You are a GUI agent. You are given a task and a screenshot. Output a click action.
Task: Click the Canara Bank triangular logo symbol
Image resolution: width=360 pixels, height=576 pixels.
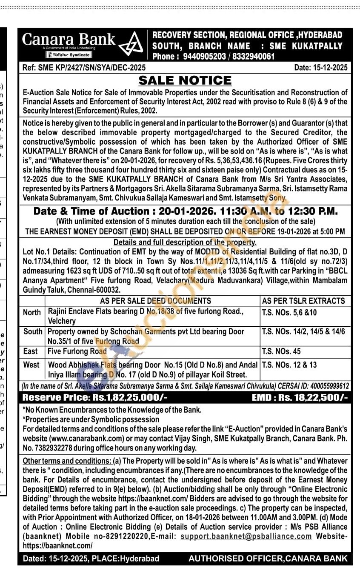pyautogui.click(x=130, y=44)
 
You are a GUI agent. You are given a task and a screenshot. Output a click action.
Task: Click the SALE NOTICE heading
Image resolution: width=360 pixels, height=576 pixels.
pyautogui.click(x=185, y=80)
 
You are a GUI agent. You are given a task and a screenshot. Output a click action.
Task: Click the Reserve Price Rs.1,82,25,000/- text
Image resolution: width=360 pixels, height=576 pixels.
pyautogui.click(x=95, y=398)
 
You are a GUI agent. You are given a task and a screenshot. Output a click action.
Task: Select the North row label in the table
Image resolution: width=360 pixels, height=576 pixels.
pyautogui.click(x=32, y=312)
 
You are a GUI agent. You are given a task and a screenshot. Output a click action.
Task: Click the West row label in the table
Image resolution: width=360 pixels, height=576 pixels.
pyautogui.click(x=31, y=365)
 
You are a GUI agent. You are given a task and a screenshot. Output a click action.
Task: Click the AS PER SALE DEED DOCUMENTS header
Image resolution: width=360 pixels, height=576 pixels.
pyautogui.click(x=155, y=301)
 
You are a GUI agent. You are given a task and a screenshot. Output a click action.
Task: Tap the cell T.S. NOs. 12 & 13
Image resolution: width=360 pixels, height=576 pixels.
pyautogui.click(x=289, y=365)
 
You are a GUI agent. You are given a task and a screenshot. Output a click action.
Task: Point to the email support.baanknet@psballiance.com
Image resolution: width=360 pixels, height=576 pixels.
pyautogui.click(x=246, y=536)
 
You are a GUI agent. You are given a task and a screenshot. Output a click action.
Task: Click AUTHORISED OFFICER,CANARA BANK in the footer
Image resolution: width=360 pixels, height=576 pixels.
pyautogui.click(x=268, y=559)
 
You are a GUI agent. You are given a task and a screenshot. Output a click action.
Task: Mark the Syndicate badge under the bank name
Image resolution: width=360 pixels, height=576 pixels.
pyautogui.click(x=69, y=55)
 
